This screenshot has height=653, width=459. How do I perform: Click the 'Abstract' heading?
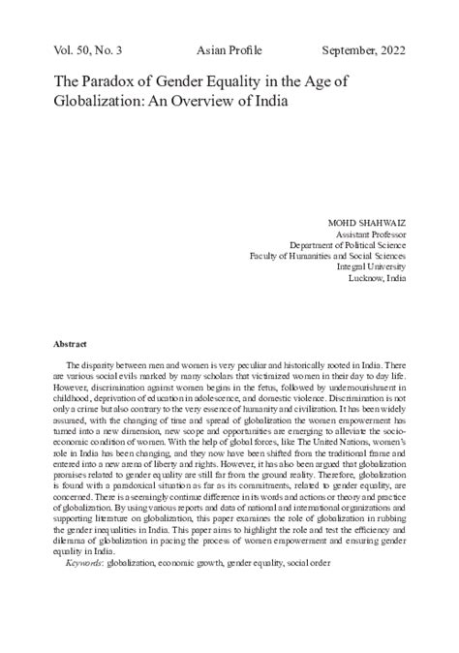pyautogui.click(x=72, y=344)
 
